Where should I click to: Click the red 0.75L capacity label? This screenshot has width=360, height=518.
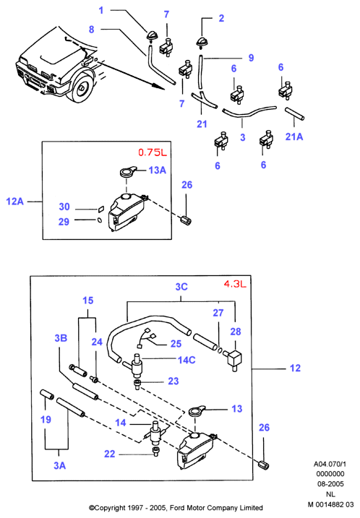coord(153,152)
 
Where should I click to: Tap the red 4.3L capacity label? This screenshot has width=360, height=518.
coord(235,284)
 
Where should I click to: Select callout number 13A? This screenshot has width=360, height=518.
coord(157,170)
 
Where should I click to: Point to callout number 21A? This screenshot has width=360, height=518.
coord(294,137)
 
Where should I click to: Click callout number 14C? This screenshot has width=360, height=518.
coord(187,360)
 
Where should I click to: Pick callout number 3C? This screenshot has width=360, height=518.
coord(181,286)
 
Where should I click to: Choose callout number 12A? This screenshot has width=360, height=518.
coord(15,201)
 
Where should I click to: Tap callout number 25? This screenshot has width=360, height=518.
coord(176,344)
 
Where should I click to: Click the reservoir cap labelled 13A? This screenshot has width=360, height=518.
coord(128,172)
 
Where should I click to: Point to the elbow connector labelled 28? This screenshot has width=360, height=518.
coord(233,360)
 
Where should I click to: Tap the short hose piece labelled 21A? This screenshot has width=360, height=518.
coord(294,113)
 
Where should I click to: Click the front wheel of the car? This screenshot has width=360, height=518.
coord(81,87)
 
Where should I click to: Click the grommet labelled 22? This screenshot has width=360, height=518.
coord(155,452)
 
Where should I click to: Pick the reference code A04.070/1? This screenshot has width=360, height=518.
coord(330,464)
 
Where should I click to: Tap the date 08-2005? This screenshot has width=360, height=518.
coord(330,484)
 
